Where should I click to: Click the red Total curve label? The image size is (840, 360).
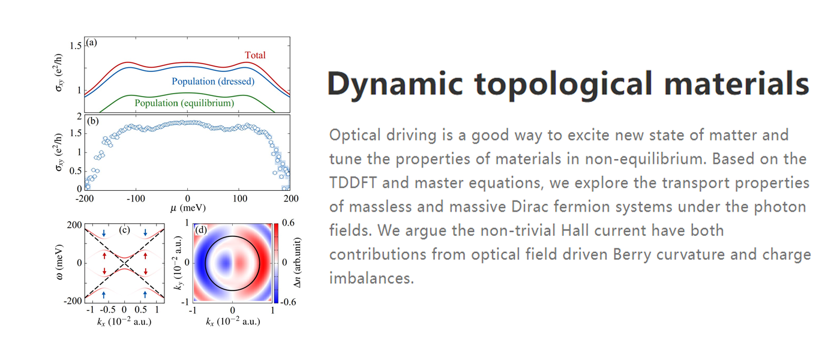(x=255, y=55)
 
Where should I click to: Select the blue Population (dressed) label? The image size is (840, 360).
(x=213, y=82)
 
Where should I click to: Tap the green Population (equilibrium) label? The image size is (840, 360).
(x=184, y=103)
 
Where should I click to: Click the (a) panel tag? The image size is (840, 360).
(x=91, y=43)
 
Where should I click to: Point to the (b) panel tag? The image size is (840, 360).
(x=92, y=121)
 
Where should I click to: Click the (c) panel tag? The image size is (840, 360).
(x=125, y=229)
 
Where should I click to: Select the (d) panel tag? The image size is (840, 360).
(x=201, y=229)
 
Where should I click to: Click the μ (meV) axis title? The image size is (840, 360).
(x=188, y=208)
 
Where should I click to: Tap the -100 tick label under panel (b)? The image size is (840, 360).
(x=136, y=199)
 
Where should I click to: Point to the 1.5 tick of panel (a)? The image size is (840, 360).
(x=76, y=46)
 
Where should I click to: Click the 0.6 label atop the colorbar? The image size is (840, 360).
(x=288, y=223)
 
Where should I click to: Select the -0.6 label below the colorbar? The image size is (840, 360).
(x=288, y=302)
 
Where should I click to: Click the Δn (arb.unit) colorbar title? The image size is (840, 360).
(x=297, y=263)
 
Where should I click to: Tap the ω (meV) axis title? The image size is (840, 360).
(x=59, y=262)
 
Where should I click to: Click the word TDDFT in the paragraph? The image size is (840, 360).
(x=353, y=182)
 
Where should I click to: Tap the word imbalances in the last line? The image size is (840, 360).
(x=371, y=278)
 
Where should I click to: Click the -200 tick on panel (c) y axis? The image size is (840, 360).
(x=73, y=301)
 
